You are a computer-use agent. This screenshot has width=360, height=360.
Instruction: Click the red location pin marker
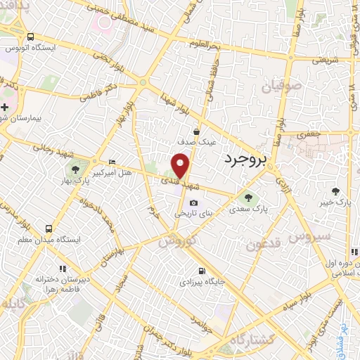(x=181, y=166)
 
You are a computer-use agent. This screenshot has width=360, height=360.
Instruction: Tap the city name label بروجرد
(x=245, y=159)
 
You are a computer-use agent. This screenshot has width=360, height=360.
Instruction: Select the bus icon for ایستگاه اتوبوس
(x=30, y=37)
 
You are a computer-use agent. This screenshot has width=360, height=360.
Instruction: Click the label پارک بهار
(x=75, y=182)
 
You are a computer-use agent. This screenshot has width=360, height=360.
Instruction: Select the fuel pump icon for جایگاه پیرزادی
(x=202, y=271)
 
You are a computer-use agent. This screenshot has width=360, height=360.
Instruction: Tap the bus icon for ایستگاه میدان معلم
(x=48, y=229)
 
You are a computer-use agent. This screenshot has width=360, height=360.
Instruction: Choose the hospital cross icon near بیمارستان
(x=5, y=107)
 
